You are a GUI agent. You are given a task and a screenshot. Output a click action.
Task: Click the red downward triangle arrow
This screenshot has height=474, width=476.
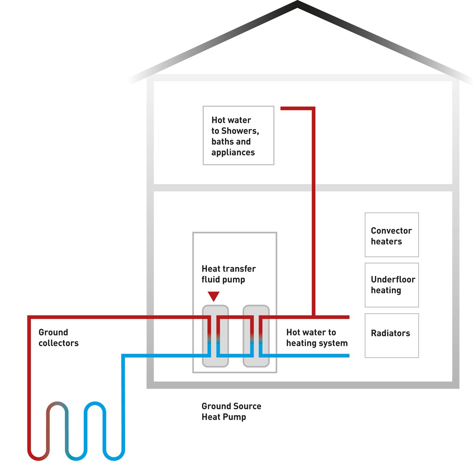coord(214,296)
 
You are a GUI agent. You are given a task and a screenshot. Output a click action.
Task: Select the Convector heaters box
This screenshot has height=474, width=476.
coord(391,235)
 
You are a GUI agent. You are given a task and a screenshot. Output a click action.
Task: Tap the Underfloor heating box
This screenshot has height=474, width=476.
coord(391,285)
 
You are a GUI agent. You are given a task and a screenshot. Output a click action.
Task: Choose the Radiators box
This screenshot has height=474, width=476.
coord(391,335)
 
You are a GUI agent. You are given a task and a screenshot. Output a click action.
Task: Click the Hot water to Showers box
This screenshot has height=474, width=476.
coord(238,135)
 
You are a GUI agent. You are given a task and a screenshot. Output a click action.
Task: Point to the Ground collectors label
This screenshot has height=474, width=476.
coord(58,337)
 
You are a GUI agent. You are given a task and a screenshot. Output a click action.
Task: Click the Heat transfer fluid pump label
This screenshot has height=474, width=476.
coord(229,274)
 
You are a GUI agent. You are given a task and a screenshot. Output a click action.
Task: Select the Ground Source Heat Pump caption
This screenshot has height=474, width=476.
coord(231,411)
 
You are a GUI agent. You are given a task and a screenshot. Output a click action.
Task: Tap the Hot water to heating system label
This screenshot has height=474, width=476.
coord(317,337)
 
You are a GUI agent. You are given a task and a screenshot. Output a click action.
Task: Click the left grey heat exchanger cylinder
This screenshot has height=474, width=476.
coord(215,336)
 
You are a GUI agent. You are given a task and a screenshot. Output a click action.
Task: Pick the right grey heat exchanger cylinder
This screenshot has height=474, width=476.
coord(256,336)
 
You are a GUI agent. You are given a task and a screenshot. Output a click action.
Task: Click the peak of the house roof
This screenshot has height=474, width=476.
coord(297,4)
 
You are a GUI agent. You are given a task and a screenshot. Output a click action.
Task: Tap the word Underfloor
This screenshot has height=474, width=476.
coord(393,279)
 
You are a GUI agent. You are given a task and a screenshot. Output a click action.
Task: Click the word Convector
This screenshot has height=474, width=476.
coord(391,231)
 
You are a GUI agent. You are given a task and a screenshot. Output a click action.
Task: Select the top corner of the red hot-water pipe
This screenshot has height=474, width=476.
coord(313,108)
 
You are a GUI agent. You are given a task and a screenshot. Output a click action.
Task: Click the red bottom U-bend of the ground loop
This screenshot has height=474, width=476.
coord(39,458)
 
